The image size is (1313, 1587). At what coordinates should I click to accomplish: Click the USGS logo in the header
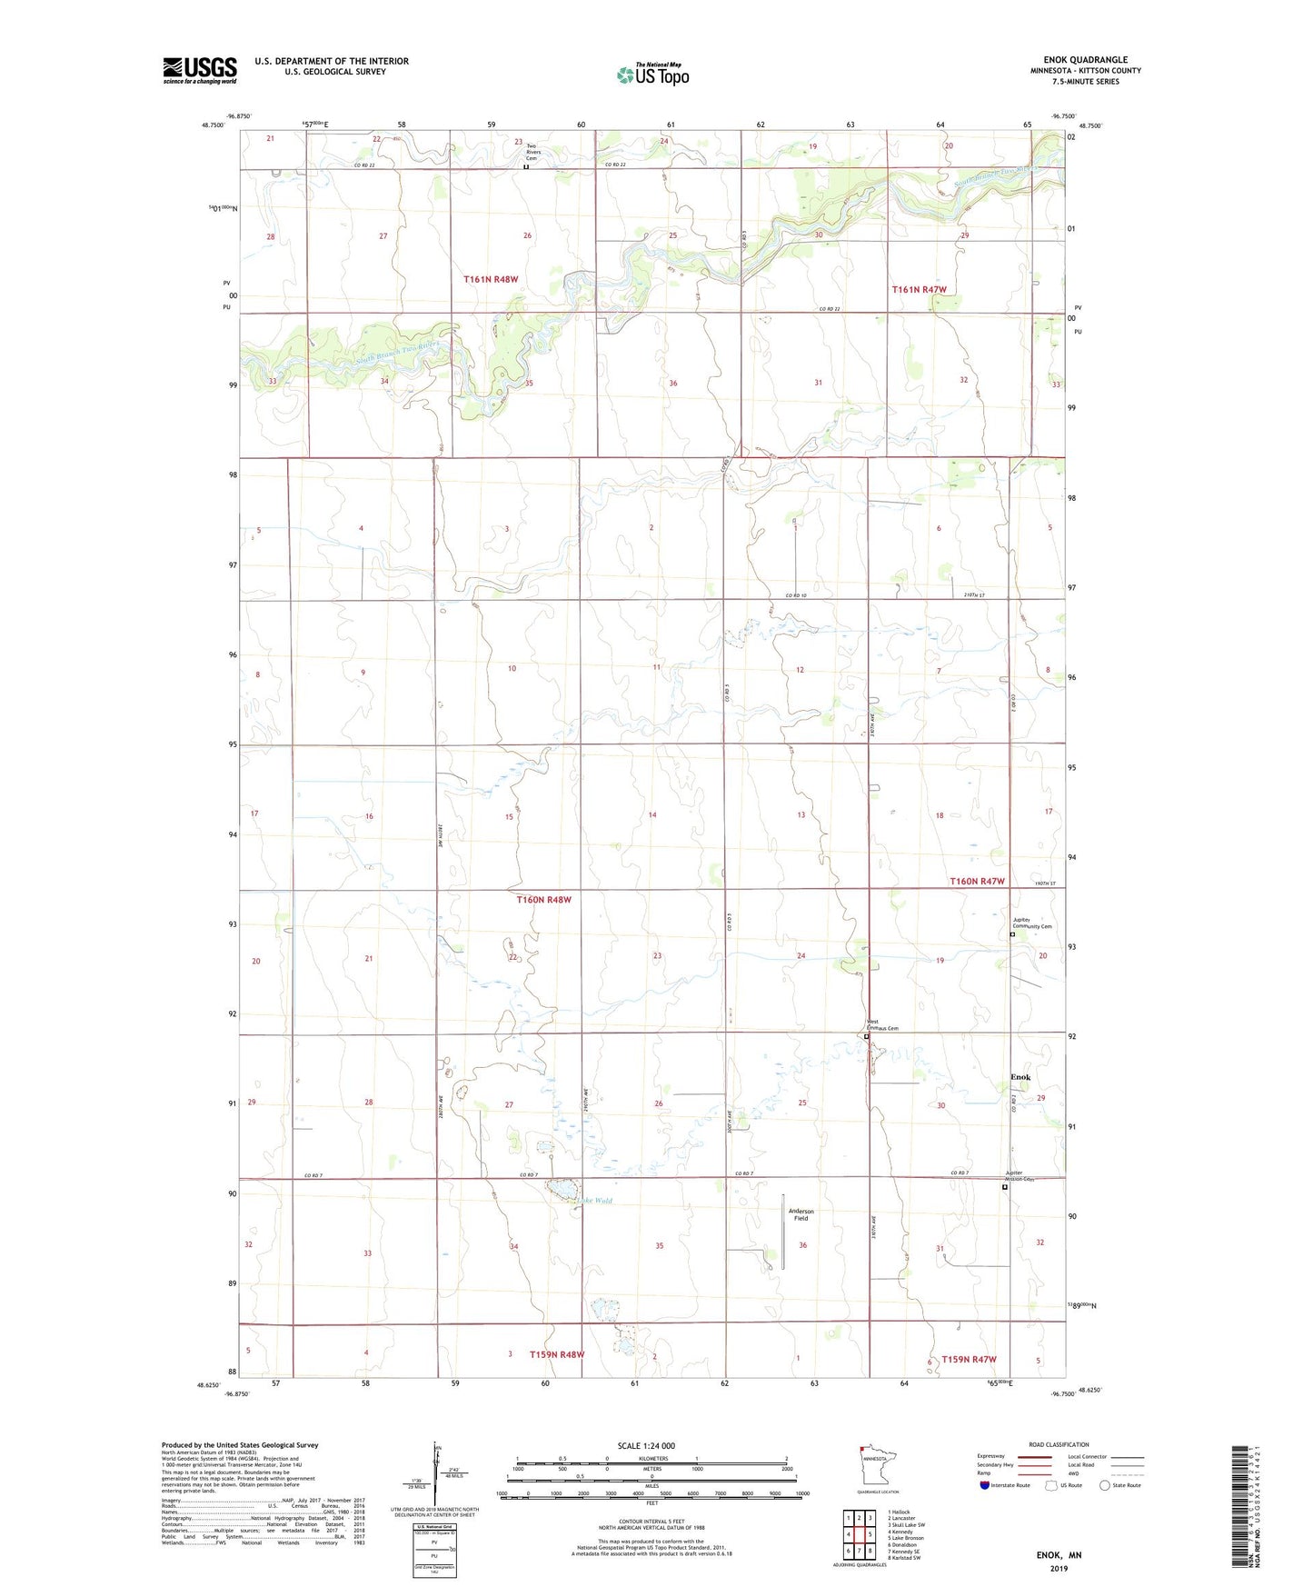pos(199,70)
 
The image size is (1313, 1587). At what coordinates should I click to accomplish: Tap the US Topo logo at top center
pos(652,75)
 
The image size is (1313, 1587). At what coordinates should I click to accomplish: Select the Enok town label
pos(1020,1077)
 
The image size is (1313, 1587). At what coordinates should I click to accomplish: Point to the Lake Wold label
pos(594,1201)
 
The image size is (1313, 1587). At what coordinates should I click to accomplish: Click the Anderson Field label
pos(801,1214)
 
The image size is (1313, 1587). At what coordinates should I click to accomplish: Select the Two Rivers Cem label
pos(532,152)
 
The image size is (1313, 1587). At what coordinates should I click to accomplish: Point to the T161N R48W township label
pos(491,279)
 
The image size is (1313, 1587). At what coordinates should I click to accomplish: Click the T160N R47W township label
pos(977,881)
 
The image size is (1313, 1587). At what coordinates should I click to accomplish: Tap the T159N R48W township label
pos(557,1354)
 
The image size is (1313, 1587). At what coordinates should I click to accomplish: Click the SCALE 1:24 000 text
pos(646,1446)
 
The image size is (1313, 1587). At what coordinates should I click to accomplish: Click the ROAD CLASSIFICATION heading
pos(1059,1444)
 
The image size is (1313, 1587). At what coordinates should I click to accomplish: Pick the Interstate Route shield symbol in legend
pos(984,1485)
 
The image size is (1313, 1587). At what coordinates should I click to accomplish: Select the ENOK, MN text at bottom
pos(1059,1555)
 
